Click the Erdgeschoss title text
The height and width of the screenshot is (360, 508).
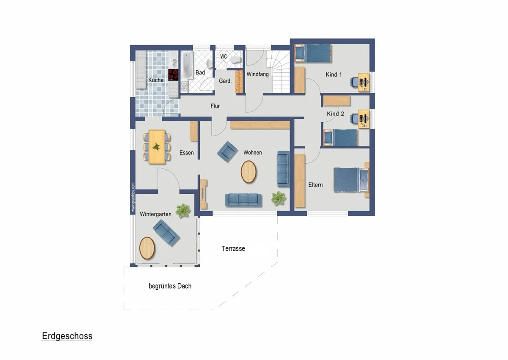point(67,336)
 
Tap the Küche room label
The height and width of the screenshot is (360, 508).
point(156,80)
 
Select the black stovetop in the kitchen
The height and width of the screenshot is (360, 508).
point(173,75)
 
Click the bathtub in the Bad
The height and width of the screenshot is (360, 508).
point(187,65)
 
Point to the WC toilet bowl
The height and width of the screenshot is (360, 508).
point(235,60)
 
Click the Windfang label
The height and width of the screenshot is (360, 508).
point(258,74)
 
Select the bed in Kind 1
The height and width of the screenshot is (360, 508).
point(313,53)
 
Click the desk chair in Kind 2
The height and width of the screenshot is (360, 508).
point(354,119)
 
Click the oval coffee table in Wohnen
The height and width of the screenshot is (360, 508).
point(248,172)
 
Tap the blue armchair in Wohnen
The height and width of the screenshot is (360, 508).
point(227,152)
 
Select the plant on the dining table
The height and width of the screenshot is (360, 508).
point(156,147)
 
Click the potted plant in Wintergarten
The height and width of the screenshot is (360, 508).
point(183,211)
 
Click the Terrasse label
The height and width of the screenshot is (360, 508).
point(233,249)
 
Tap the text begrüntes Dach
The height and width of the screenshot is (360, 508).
point(170,286)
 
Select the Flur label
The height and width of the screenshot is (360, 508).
point(215,106)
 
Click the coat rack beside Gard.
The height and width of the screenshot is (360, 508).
point(239,82)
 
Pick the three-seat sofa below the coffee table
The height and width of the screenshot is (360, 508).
point(243,200)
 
